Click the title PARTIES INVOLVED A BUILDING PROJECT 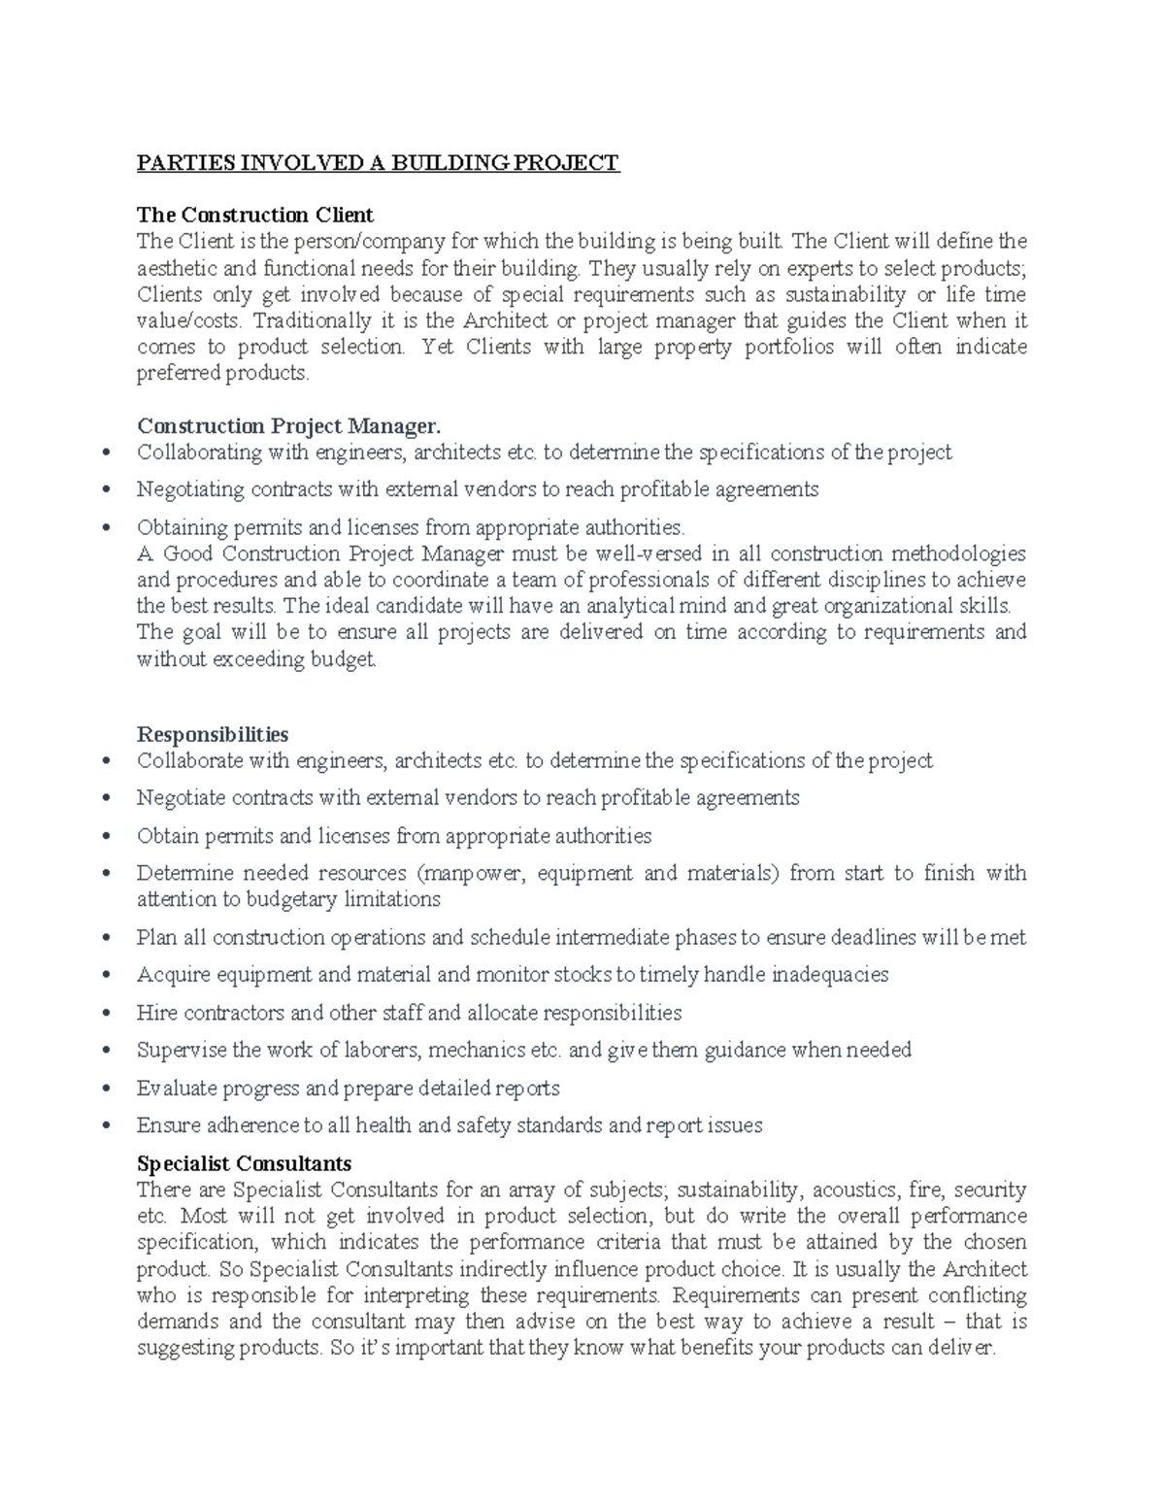[378, 162]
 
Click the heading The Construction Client [255, 215]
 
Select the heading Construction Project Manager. [288, 426]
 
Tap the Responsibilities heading [213, 734]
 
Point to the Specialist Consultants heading [244, 1163]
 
